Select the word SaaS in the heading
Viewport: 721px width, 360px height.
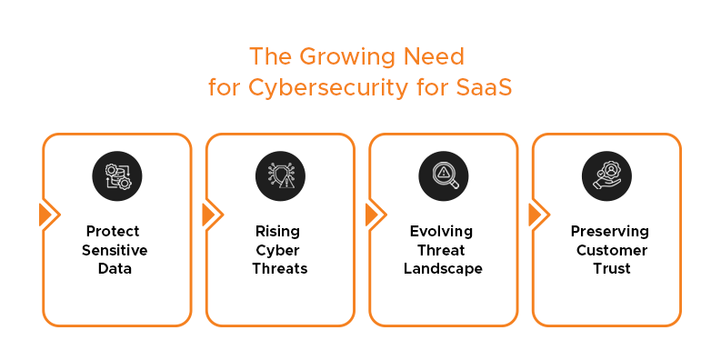coord(486,89)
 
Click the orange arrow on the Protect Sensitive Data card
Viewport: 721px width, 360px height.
coord(46,215)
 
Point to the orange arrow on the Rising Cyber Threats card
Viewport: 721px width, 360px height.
coord(209,215)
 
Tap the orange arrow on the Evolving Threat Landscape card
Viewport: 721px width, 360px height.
coord(373,215)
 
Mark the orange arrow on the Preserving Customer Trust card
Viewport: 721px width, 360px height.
coord(536,215)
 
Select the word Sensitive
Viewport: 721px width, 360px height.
coord(115,250)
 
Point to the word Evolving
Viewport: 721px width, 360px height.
coord(442,231)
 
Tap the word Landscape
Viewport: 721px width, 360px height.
coord(442,269)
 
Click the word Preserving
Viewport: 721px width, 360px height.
coord(606,231)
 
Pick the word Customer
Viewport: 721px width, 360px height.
coord(606,250)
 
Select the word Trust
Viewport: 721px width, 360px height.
coord(606,269)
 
